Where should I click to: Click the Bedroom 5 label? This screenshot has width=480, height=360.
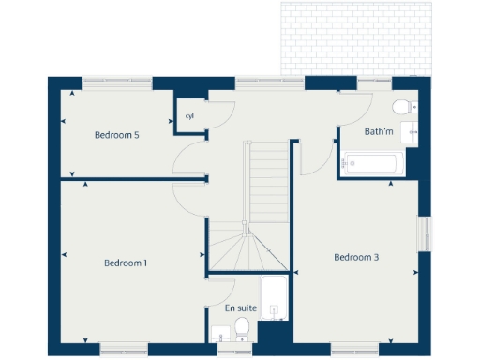117,135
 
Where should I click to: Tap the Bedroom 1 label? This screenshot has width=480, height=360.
126,262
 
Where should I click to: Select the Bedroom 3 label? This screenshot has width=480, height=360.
356,257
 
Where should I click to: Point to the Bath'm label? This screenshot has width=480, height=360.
379,132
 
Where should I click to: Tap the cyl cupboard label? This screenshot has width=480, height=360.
189,117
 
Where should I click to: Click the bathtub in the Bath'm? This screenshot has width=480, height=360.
369,163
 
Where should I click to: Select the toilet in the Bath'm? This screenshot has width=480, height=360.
402,105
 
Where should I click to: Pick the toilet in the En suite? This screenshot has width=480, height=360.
242,327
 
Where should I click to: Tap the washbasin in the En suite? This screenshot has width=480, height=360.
219,332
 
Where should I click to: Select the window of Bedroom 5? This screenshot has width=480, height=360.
117,83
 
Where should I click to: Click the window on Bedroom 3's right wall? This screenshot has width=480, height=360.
424,233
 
